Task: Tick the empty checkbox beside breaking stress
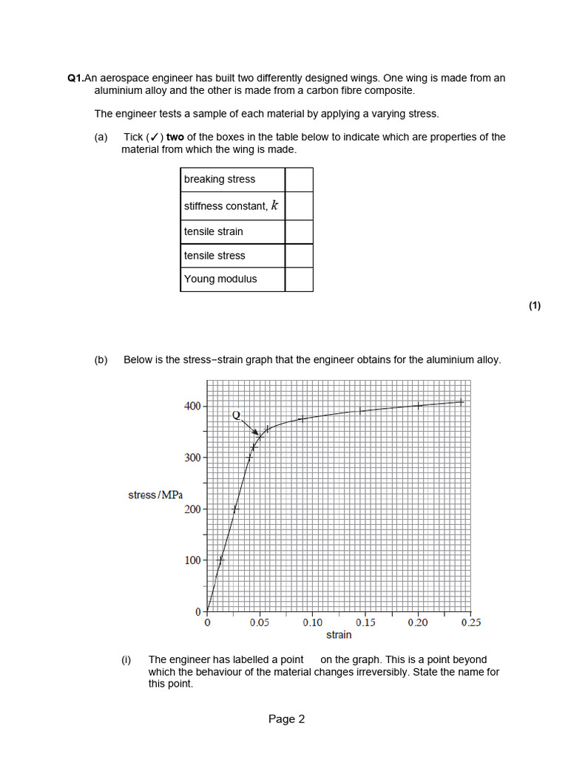coord(299,180)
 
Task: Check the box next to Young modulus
coord(299,279)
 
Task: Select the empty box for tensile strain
coord(299,231)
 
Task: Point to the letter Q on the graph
coord(237,415)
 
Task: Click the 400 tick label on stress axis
coord(192,406)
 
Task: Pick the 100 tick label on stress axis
coord(192,560)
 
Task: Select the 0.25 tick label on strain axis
coord(470,622)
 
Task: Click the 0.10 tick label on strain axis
coord(312,622)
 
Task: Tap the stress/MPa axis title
coord(155,495)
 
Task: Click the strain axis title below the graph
coord(339,635)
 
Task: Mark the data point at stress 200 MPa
coord(235,509)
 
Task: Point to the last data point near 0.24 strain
coord(460,401)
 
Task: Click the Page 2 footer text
coord(286,719)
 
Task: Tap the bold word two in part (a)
coord(175,137)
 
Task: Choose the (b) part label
coord(101,360)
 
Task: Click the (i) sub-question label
coord(126,659)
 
